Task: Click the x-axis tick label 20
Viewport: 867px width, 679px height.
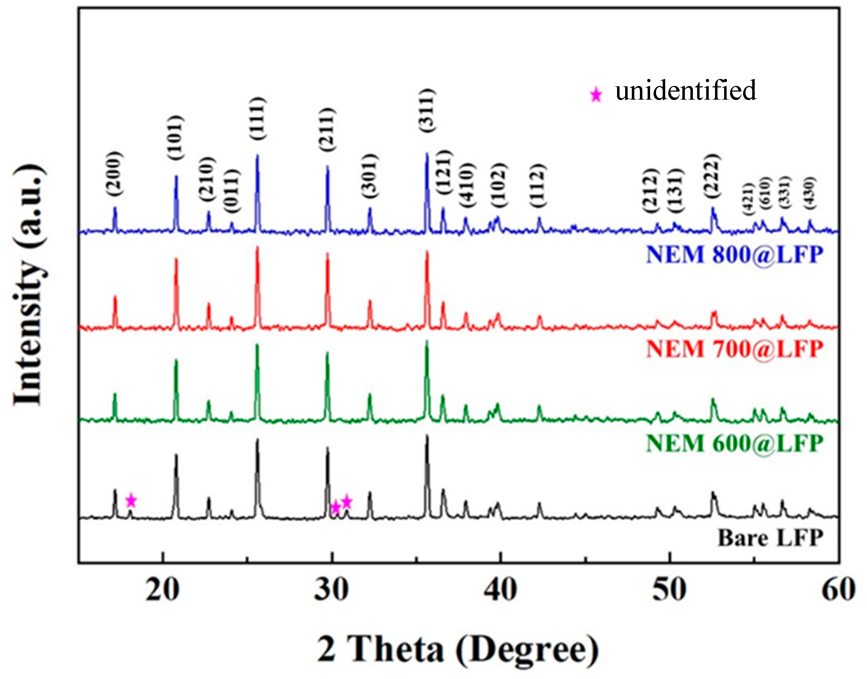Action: tap(162, 590)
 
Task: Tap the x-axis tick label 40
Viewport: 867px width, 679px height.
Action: tap(501, 590)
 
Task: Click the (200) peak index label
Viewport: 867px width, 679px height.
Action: tap(114, 174)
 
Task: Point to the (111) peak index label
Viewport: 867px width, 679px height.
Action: tap(257, 118)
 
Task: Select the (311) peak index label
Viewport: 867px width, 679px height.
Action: tap(427, 110)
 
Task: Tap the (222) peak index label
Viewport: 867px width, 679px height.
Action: tap(712, 176)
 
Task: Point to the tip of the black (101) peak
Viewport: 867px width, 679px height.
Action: tap(176, 455)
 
